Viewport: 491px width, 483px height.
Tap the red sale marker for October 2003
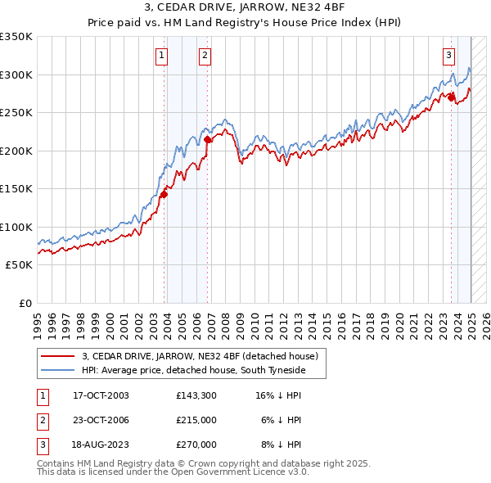[164, 194]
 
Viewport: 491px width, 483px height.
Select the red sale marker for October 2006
[208, 140]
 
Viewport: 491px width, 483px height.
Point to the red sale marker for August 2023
[451, 97]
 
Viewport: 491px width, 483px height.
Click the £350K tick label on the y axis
[16, 37]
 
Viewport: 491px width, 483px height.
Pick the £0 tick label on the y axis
[25, 303]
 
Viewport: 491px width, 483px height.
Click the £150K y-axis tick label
[16, 189]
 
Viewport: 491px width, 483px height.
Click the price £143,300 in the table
[196, 395]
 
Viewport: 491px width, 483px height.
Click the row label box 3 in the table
[42, 445]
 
